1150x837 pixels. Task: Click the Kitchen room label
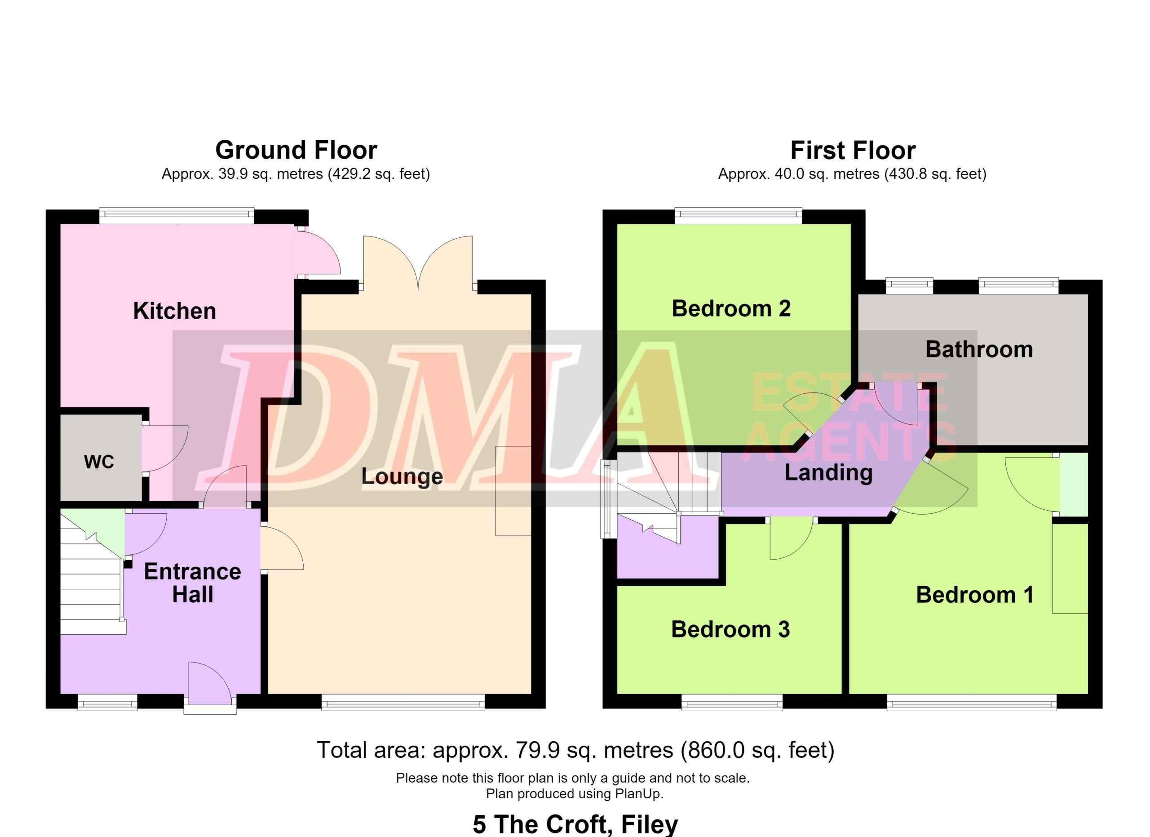coord(174,311)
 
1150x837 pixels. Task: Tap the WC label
coord(99,462)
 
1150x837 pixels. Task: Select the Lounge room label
coord(402,477)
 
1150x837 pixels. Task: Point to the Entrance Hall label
coord(193,583)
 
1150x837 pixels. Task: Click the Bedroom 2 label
coord(731,308)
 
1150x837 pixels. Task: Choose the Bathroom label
coord(979,350)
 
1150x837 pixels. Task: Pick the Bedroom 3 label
coord(731,629)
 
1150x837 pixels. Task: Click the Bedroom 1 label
coord(974,595)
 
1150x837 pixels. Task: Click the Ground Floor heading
coord(296,150)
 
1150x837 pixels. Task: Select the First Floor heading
coord(853,150)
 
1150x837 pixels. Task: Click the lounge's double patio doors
coord(418,263)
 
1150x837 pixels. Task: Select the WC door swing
coord(165,449)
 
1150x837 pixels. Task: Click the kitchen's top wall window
coord(177,216)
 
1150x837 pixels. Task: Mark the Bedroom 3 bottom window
coord(732,703)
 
